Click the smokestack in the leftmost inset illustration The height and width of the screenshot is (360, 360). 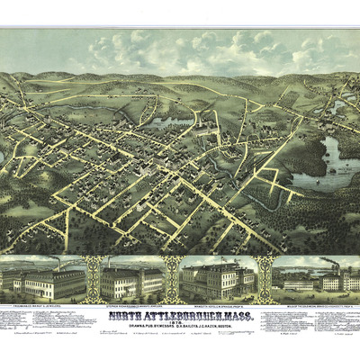[x=60, y=264]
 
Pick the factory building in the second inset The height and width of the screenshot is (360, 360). [x=132, y=283]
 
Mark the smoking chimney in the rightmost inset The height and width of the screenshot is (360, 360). [x=336, y=266]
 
